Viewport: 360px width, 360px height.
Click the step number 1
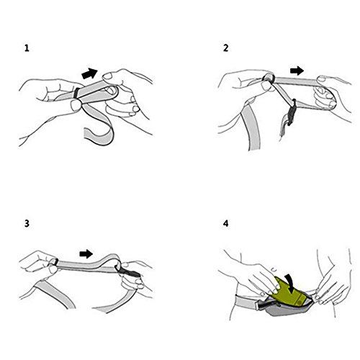click(27, 48)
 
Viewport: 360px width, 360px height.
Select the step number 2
click(225, 48)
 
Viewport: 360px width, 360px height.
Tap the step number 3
click(27, 223)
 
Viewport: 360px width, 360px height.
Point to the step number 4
click(225, 224)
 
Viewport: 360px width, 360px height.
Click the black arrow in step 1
click(89, 73)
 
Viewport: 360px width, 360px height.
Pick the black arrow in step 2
click(297, 71)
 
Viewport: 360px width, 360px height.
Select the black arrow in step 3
click(86, 253)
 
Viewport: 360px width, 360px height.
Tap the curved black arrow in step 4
click(291, 284)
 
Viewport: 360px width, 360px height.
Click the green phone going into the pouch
click(290, 292)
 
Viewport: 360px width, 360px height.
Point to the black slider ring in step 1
click(77, 93)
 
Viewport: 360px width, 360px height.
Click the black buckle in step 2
click(292, 112)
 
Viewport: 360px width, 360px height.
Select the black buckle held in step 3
click(128, 272)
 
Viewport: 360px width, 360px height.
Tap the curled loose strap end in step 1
click(99, 127)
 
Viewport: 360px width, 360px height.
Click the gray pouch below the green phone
click(286, 308)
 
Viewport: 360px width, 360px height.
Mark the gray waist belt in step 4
click(247, 303)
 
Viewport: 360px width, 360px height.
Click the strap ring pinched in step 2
click(269, 78)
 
